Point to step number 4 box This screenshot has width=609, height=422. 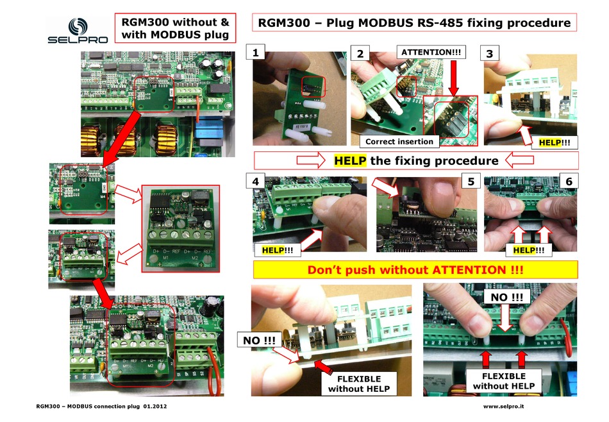257,182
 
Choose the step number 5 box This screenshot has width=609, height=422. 471,182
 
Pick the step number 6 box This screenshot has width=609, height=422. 568,182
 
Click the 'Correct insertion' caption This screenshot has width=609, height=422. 399,141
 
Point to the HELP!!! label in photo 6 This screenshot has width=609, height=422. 530,250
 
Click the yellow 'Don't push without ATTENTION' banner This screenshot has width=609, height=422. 416,270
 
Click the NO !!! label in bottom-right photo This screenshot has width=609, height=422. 506,297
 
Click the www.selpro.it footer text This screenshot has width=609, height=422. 505,407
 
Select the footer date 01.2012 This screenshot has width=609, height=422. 154,407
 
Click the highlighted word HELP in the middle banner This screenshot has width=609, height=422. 350,160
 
